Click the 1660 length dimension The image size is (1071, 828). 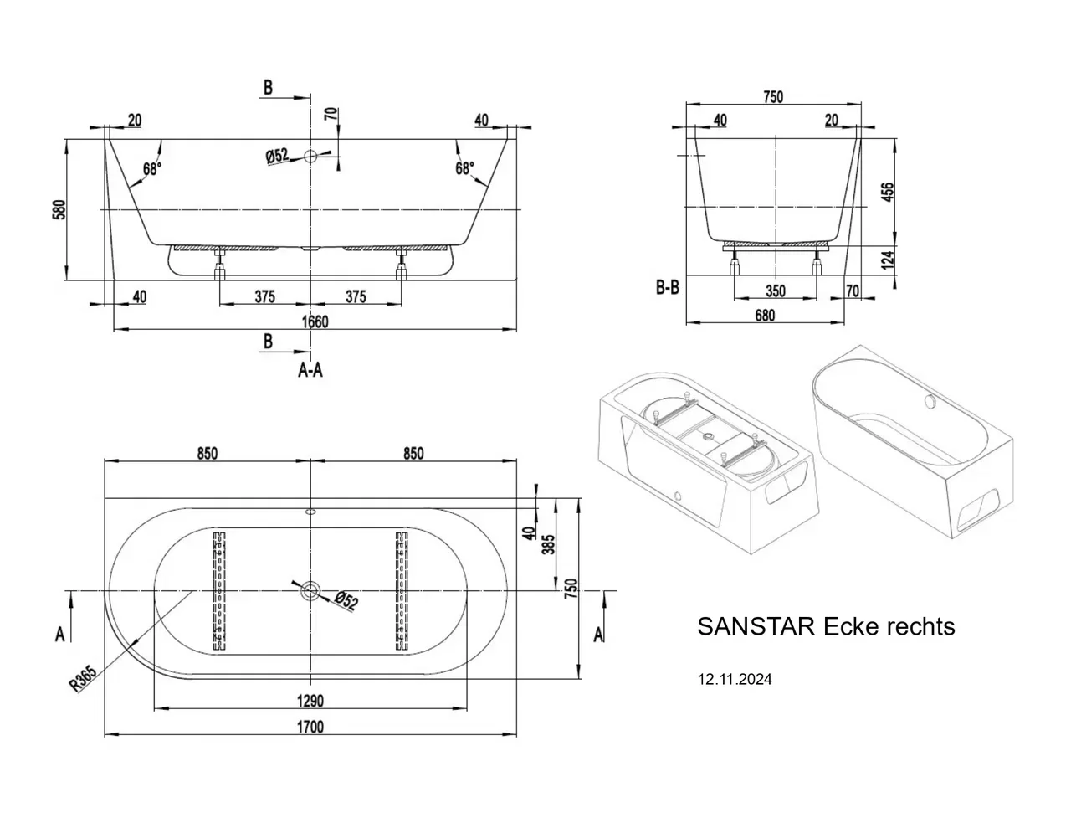click(315, 321)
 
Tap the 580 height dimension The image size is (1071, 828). click(59, 209)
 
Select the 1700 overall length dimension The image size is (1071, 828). click(310, 727)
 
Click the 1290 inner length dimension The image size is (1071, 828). click(310, 700)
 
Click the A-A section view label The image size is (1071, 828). click(310, 369)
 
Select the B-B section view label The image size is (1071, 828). click(668, 287)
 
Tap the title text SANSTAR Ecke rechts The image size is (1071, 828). click(826, 626)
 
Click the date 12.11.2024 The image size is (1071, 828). click(735, 679)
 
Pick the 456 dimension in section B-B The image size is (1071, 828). click(887, 193)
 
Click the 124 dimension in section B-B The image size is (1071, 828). click(887, 260)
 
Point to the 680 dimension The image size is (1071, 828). click(765, 315)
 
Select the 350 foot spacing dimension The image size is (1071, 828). click(776, 291)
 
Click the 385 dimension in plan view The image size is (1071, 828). click(549, 544)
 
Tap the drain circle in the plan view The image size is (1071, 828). click(311, 589)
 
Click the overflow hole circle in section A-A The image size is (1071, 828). click(311, 157)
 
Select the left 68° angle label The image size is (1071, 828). click(152, 168)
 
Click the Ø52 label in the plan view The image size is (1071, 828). click(346, 600)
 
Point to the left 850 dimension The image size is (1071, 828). click(208, 453)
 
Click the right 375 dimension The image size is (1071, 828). click(356, 296)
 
